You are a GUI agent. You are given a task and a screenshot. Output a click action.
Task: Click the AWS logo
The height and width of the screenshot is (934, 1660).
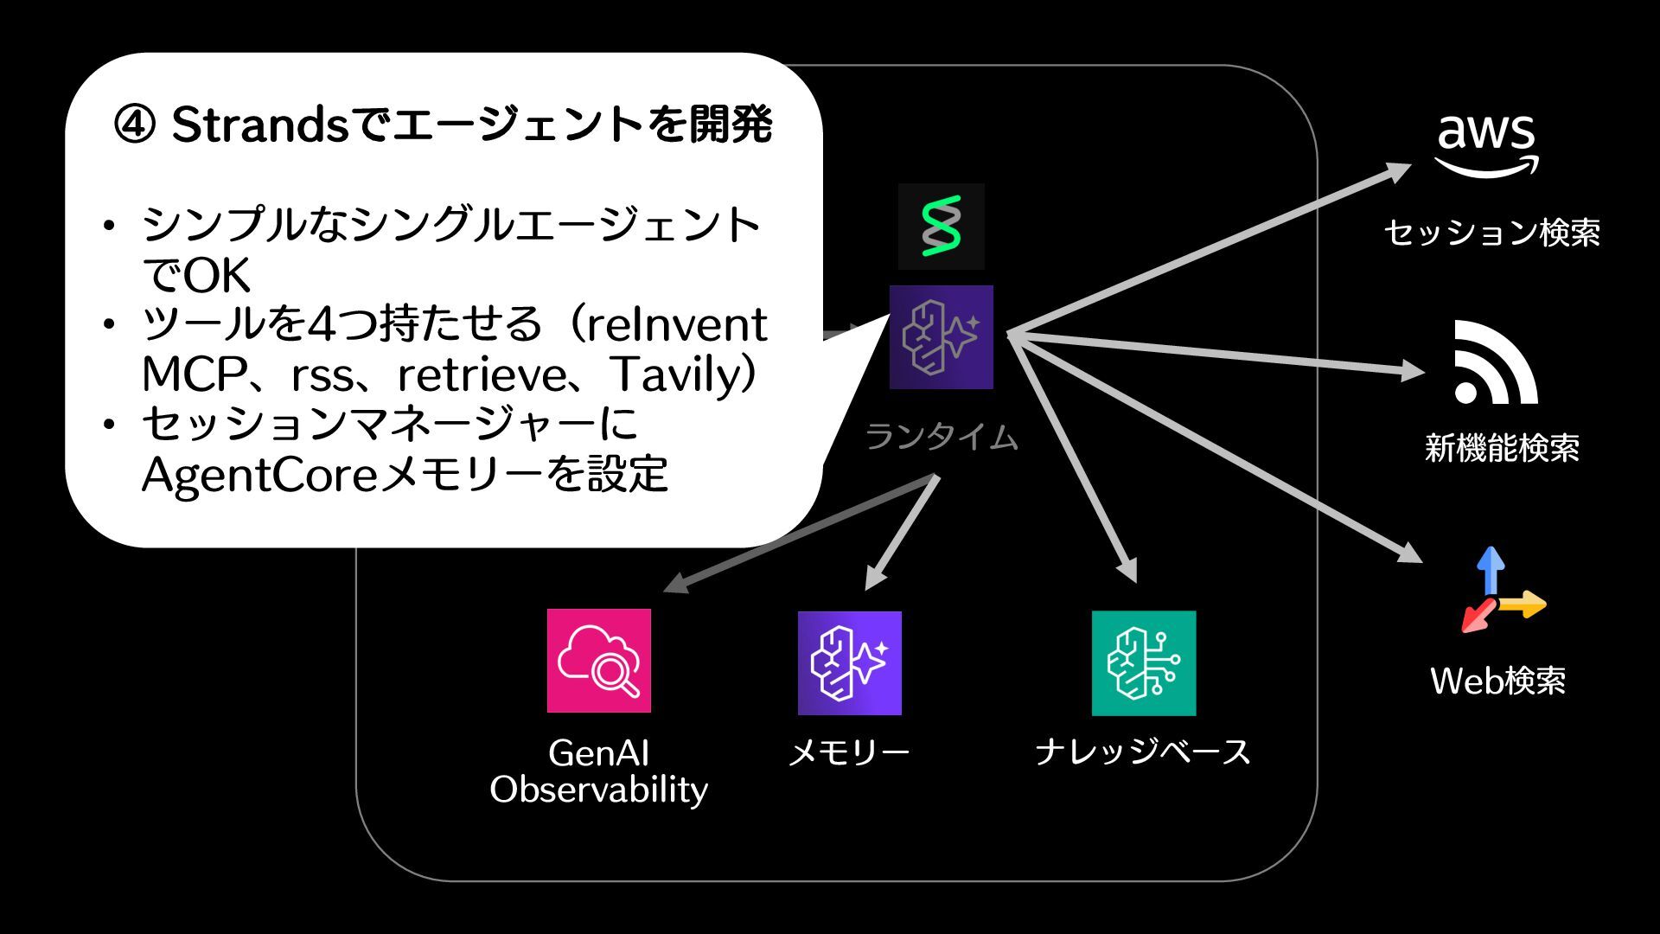[x=1487, y=145]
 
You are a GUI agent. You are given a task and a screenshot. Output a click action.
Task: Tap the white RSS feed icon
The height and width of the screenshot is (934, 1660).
[x=1495, y=362]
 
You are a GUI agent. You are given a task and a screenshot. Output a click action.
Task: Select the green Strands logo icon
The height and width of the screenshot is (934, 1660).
[x=941, y=227]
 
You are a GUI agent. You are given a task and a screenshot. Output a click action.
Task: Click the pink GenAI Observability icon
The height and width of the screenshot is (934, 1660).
[x=598, y=661]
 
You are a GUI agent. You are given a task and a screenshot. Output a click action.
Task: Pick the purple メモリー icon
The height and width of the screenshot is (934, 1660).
[x=849, y=662]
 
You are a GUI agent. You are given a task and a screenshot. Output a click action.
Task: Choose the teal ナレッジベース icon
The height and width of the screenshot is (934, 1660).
[x=1143, y=662]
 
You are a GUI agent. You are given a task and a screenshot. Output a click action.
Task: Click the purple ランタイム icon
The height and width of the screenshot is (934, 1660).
[x=941, y=337]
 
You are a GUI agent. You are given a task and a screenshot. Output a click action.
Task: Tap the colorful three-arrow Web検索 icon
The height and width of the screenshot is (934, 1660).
[x=1499, y=592]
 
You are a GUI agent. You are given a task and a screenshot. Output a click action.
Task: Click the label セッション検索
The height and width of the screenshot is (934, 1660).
[x=1491, y=233]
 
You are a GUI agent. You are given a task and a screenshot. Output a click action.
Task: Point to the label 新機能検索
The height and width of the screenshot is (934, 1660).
[x=1502, y=448]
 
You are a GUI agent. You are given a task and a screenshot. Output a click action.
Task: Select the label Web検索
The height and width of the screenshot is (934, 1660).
[x=1497, y=681]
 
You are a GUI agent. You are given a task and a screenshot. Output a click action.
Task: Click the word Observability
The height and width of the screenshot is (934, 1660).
[x=598, y=790]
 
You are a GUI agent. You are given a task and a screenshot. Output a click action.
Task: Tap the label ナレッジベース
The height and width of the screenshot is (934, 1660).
[x=1143, y=752]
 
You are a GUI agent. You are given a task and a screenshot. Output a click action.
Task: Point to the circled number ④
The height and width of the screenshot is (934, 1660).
[x=135, y=126]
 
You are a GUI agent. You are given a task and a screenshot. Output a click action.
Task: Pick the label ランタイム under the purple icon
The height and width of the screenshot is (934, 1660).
[x=941, y=438]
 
